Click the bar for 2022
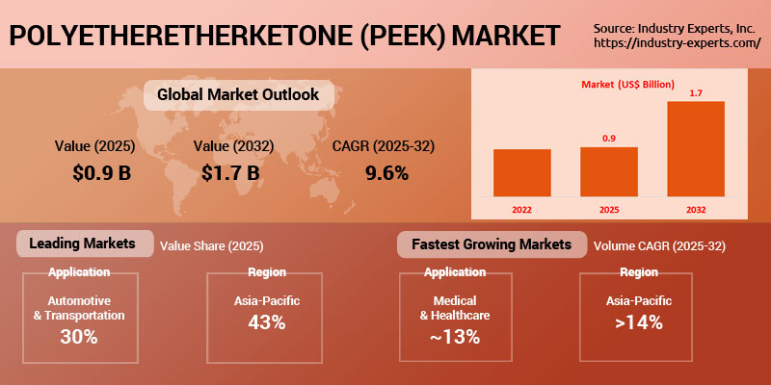pyautogui.click(x=521, y=172)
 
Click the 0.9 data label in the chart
pyautogui.click(x=608, y=139)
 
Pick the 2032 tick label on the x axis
pyautogui.click(x=695, y=207)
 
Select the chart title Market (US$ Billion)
pyautogui.click(x=627, y=84)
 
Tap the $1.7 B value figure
pyautogui.click(x=230, y=173)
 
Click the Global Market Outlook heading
pyautogui.click(x=231, y=95)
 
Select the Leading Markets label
pyautogui.click(x=83, y=244)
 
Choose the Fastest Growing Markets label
pyautogui.click(x=491, y=244)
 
